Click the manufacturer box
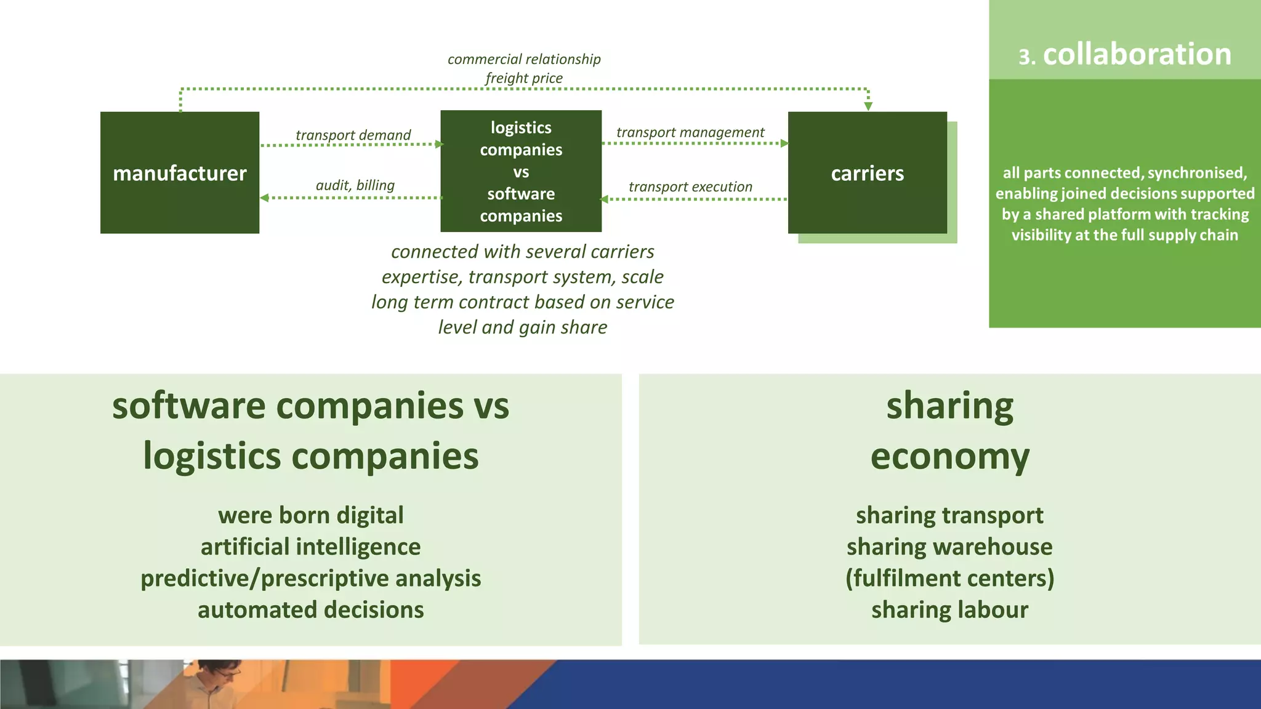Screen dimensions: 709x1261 pyautogui.click(x=179, y=173)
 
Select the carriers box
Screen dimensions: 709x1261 pyautogui.click(x=867, y=173)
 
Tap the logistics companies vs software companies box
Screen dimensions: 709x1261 pyautogui.click(x=521, y=172)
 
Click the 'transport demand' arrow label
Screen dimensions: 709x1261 pyautogui.click(x=353, y=135)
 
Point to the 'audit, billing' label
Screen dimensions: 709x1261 pyautogui.click(x=355, y=185)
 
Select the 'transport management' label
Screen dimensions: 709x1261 pyautogui.click(x=690, y=132)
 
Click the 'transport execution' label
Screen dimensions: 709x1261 pyautogui.click(x=690, y=186)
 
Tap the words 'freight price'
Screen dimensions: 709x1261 pyautogui.click(x=523, y=78)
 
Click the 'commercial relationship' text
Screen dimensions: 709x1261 pyautogui.click(x=523, y=59)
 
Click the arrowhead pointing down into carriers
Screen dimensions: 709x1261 pyautogui.click(x=868, y=106)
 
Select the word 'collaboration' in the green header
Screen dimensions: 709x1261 pyautogui.click(x=1137, y=54)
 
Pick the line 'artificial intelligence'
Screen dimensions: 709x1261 pyautogui.click(x=310, y=547)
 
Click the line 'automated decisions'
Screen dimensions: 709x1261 pyautogui.click(x=310, y=609)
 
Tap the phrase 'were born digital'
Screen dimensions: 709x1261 pyautogui.click(x=310, y=515)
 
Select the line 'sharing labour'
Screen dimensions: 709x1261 pyautogui.click(x=949, y=609)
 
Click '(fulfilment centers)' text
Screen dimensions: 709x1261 pyautogui.click(x=949, y=578)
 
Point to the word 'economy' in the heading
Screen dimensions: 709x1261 pyautogui.click(x=949, y=457)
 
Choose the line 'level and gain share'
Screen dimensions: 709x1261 pyautogui.click(x=522, y=327)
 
